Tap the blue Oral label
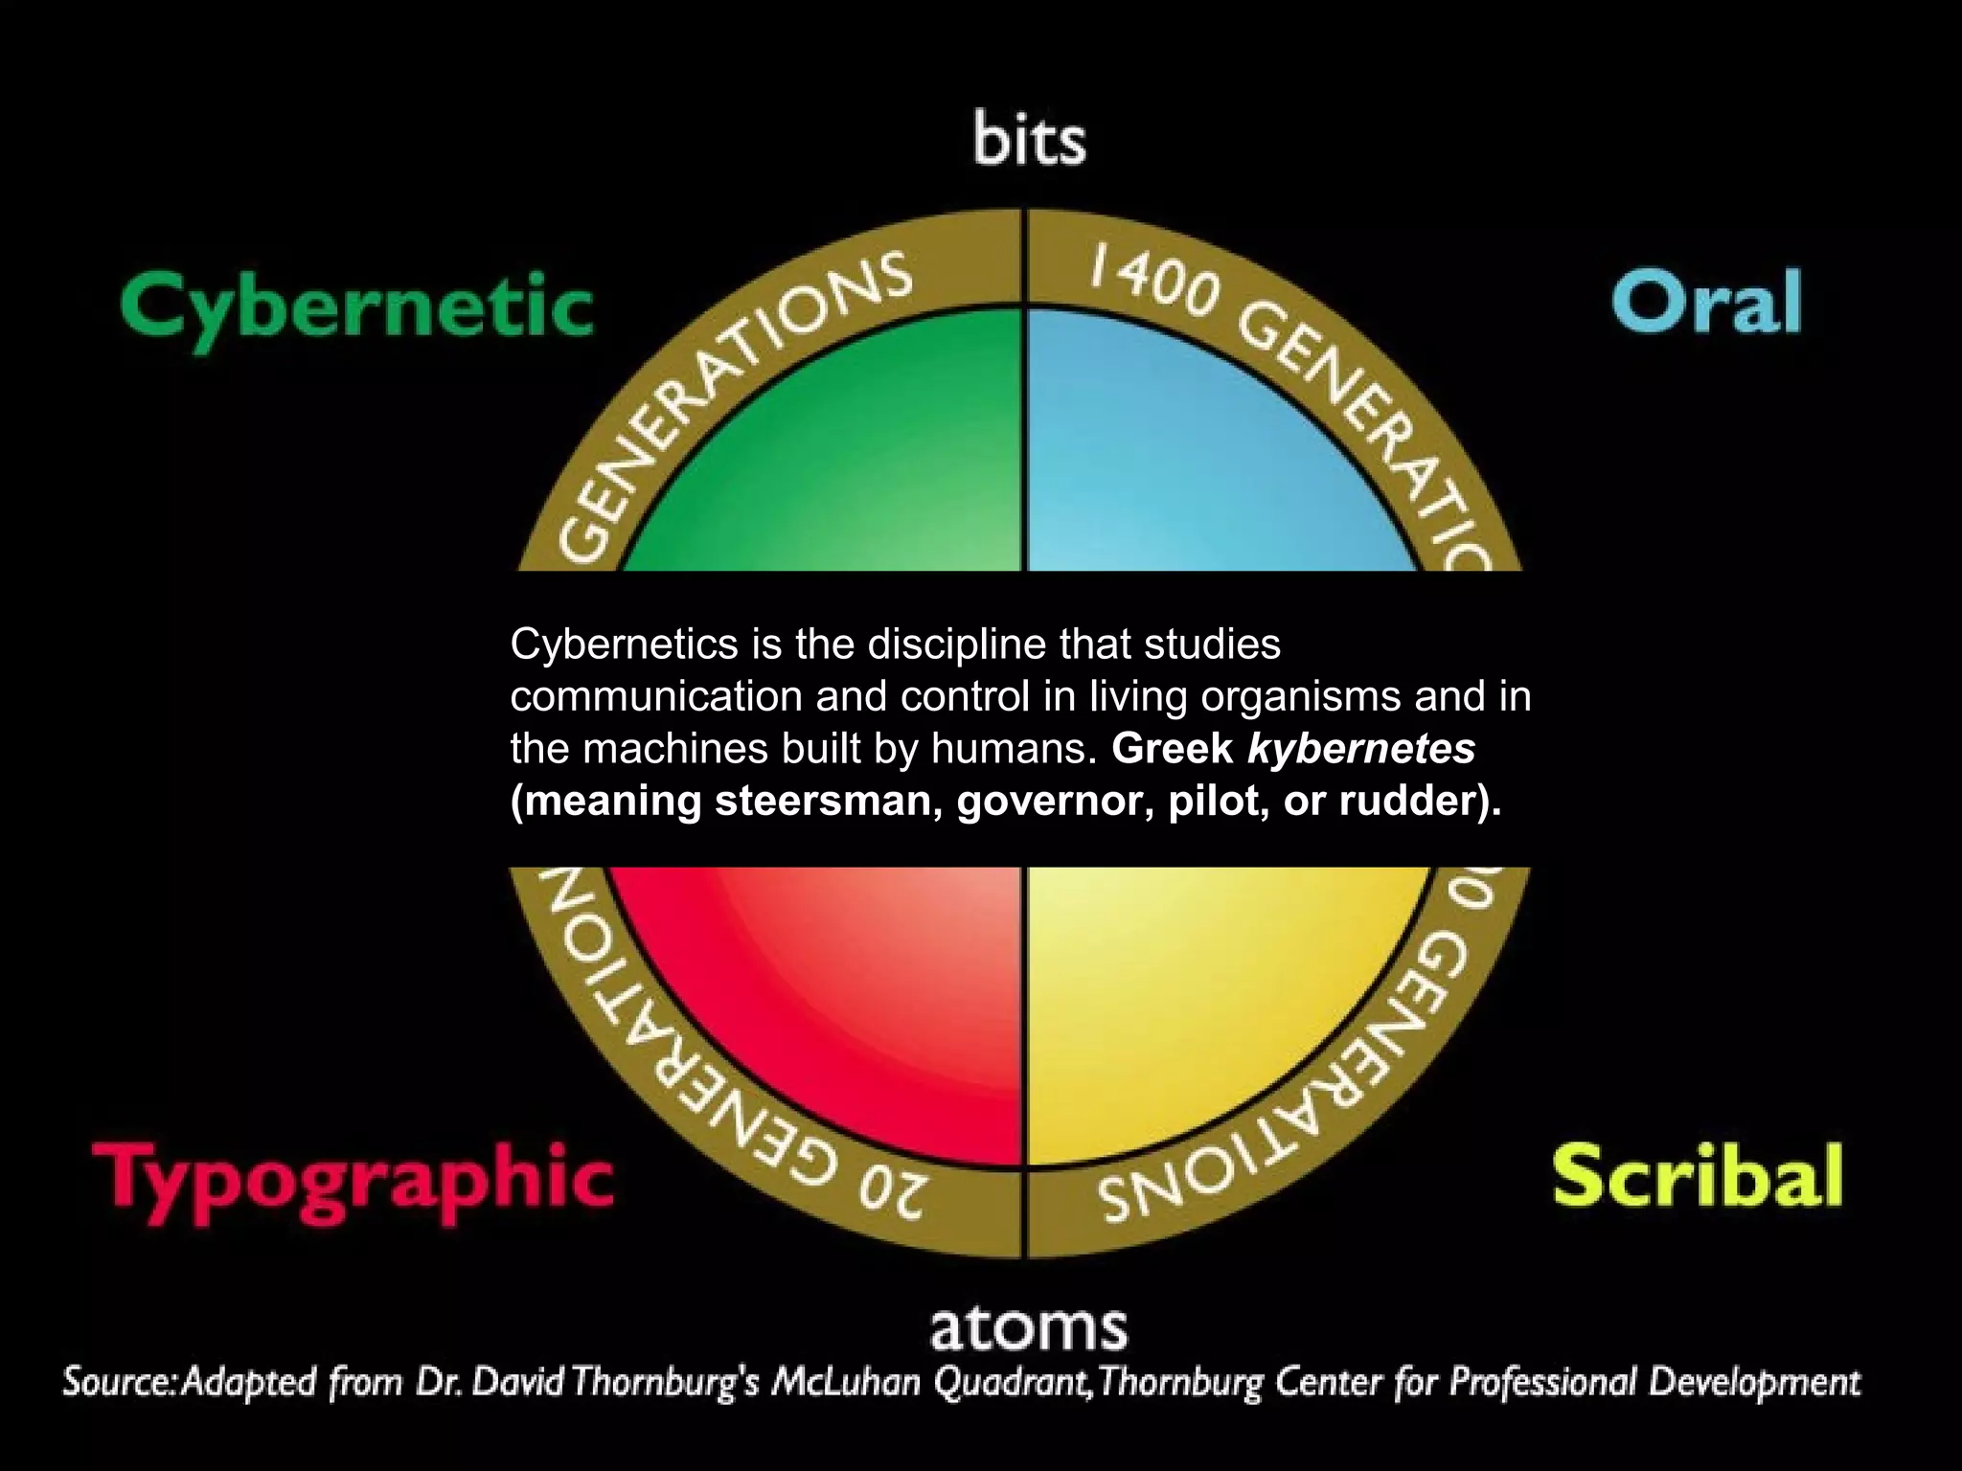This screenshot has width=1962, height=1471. click(1706, 302)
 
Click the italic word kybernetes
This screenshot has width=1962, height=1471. click(1360, 749)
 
